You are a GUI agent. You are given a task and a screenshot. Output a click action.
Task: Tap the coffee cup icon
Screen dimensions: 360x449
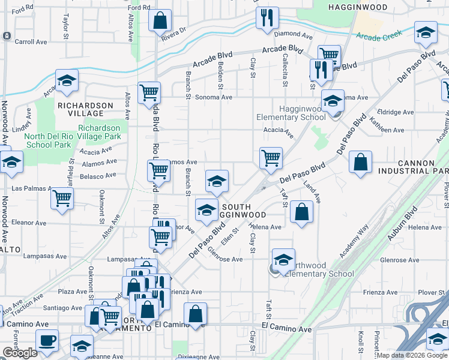(x=47, y=340)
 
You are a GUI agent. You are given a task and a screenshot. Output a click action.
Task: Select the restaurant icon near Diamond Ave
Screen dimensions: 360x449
(x=267, y=17)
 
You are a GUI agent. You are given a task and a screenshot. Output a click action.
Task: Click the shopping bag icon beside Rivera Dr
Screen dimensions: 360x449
(x=160, y=21)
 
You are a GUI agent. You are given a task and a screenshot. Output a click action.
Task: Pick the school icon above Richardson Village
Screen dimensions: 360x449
(x=67, y=80)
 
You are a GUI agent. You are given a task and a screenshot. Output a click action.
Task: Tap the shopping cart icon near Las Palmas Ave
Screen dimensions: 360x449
(x=62, y=198)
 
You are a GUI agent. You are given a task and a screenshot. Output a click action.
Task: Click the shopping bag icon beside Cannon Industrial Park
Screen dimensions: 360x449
(x=360, y=162)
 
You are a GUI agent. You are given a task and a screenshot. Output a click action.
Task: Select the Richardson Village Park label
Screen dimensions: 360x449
(x=103, y=132)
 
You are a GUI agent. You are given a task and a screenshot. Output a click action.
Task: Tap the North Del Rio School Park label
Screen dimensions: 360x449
(x=47, y=140)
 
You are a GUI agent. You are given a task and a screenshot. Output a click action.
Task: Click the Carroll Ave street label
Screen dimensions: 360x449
(x=30, y=42)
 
